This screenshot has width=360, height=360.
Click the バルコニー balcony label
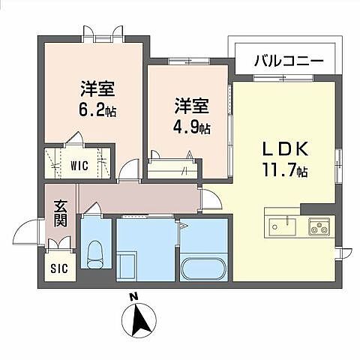tap(287, 60)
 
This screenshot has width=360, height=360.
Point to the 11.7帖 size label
tap(285, 172)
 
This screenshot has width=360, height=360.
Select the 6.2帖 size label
tap(98, 109)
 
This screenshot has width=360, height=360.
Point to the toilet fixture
tap(95, 255)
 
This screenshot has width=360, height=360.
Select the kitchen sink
tap(282, 225)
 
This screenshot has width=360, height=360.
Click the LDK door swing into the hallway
tap(210, 199)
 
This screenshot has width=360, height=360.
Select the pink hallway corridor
tap(139, 199)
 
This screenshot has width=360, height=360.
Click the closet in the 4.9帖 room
tap(173, 167)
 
